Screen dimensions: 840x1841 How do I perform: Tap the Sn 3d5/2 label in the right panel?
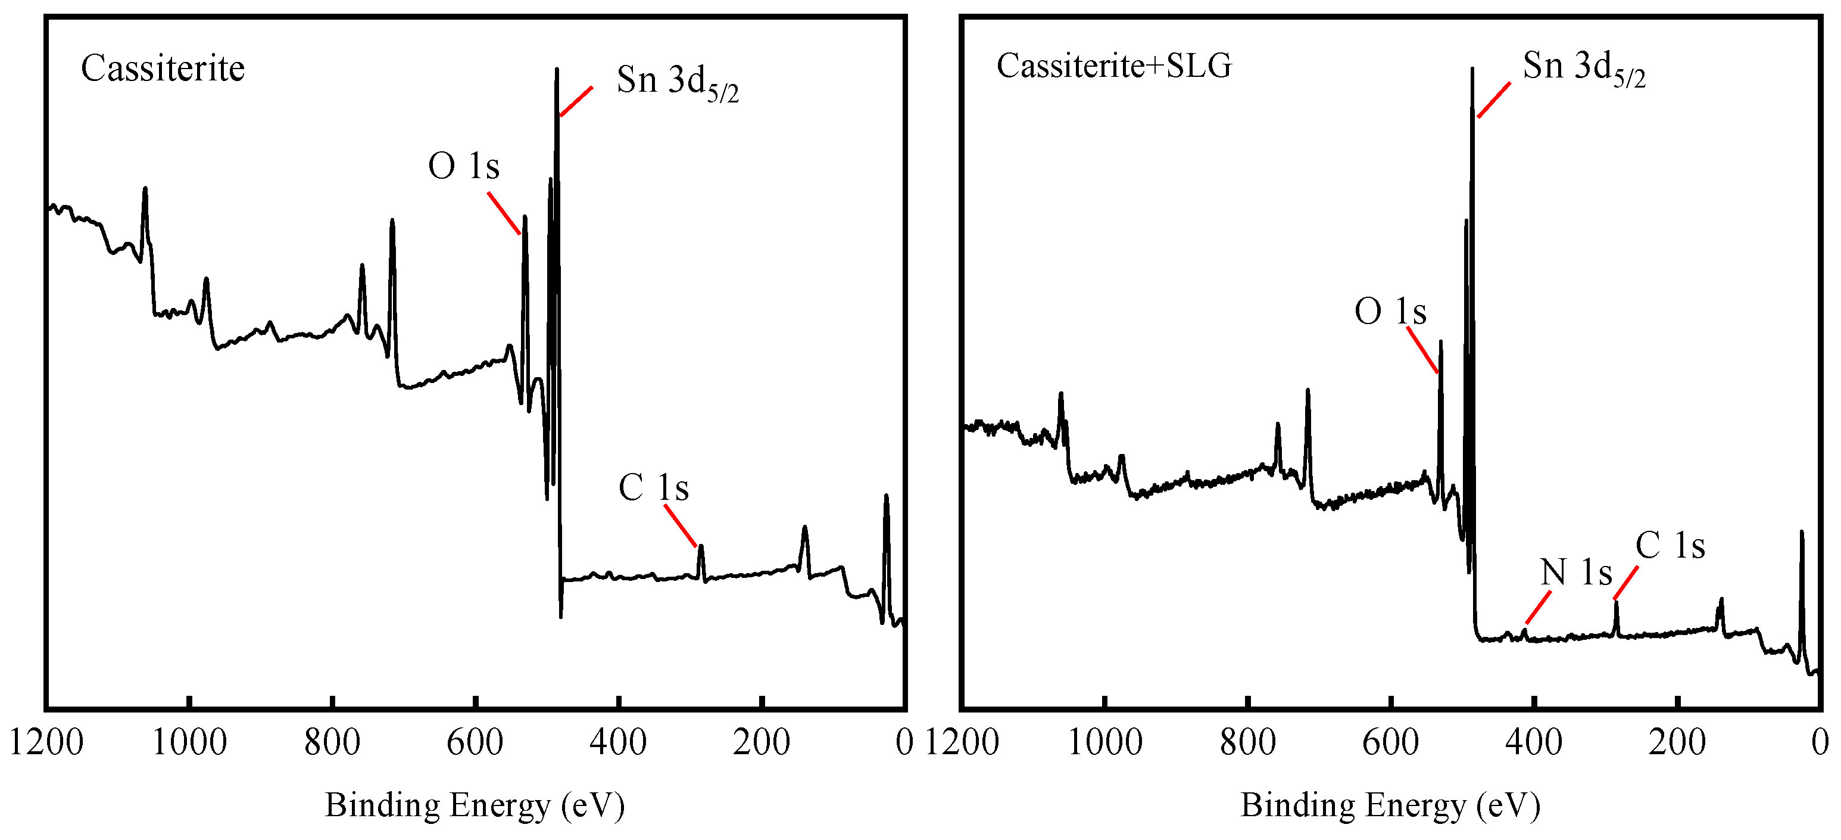click(1583, 69)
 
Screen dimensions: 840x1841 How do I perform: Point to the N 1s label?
click(1575, 573)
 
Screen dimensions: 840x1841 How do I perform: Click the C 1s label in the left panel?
click(653, 489)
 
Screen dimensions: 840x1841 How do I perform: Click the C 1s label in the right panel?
click(1670, 546)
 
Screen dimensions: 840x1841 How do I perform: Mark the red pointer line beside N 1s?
click(1538, 608)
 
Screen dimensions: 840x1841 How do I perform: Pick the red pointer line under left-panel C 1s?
click(679, 525)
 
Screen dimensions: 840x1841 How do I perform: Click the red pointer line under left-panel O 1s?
click(504, 213)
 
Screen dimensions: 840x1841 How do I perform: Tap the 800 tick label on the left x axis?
click(332, 742)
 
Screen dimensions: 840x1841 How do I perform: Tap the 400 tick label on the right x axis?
click(1533, 742)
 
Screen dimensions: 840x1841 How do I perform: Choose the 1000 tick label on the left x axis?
click(189, 742)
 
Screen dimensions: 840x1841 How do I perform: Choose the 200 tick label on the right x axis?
click(1677, 742)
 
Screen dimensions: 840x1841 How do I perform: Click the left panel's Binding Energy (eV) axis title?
click(475, 805)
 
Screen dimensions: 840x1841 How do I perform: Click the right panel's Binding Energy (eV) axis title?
click(1390, 805)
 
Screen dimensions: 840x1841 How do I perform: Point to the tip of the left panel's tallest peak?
click(557, 69)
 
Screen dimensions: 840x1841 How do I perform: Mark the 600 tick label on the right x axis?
click(1390, 742)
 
